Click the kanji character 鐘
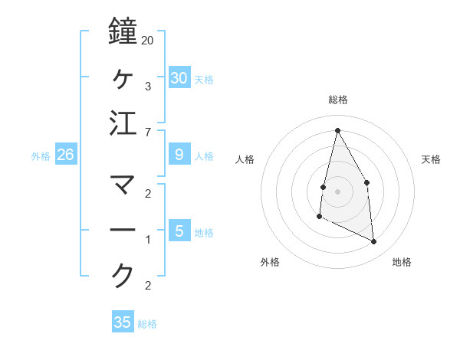point(123,32)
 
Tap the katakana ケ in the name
point(123,77)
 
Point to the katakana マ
point(123,184)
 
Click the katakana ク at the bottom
point(123,274)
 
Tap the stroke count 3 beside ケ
point(147,87)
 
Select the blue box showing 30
point(179,77)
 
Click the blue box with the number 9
point(179,155)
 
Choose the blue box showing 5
point(179,231)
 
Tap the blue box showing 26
point(65,155)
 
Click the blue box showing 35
point(123,322)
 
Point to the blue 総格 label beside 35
point(147,324)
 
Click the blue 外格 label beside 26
point(41,156)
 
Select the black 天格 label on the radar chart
point(432,159)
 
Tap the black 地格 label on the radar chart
point(402,262)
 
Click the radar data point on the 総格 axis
point(337,129)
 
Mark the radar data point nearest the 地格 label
point(374,242)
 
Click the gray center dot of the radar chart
point(337,191)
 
